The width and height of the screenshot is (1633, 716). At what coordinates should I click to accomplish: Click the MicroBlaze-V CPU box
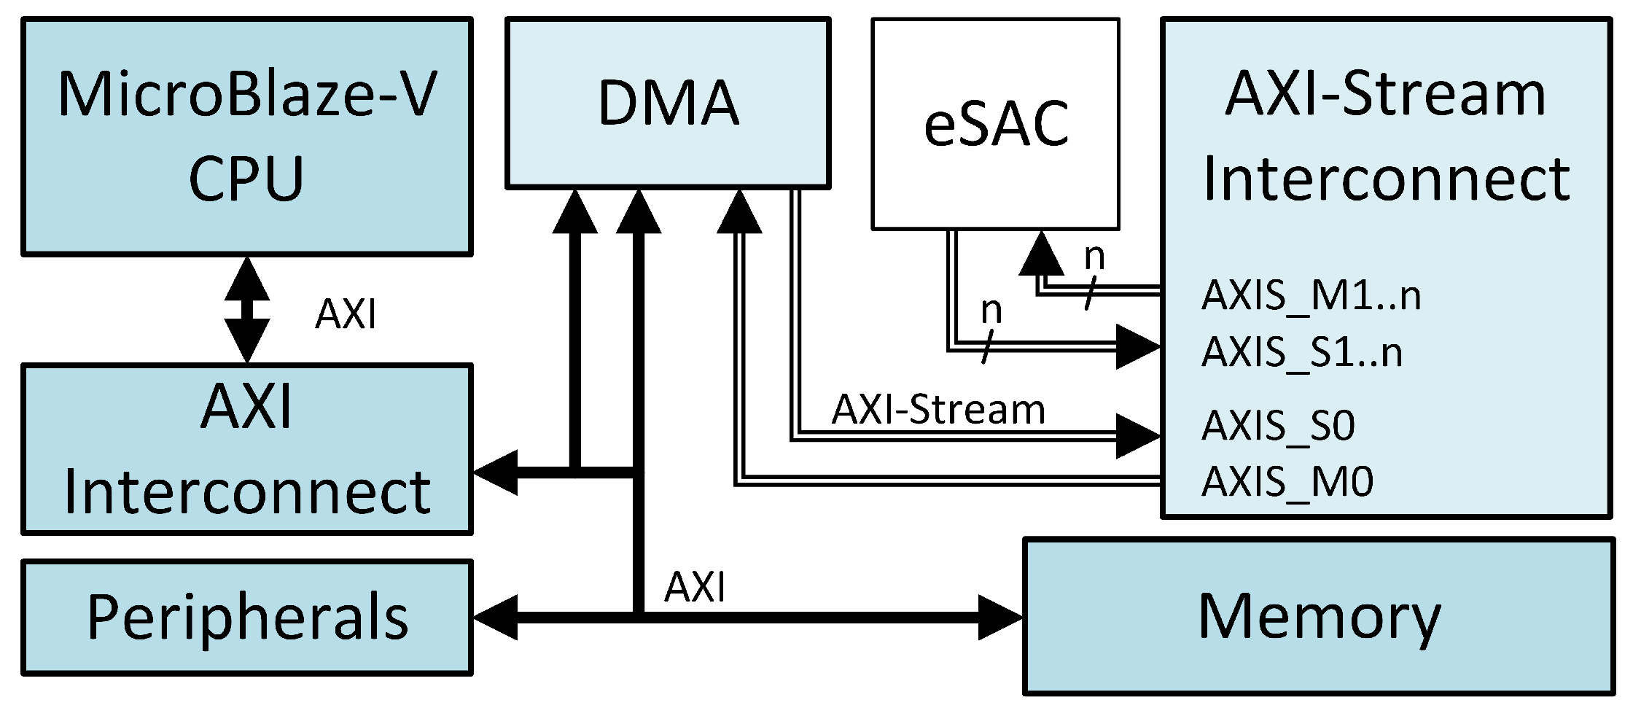246,137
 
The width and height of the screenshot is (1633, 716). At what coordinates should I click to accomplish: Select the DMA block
668,104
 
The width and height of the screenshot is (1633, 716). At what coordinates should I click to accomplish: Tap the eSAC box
995,124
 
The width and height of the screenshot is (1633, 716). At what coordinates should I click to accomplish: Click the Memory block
1318,617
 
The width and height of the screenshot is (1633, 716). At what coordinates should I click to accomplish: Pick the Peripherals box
246,617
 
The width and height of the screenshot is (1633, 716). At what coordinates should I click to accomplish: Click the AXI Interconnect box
246,449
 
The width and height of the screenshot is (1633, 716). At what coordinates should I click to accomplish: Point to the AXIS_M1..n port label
1311,296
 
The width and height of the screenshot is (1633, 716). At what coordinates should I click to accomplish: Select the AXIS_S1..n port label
1301,352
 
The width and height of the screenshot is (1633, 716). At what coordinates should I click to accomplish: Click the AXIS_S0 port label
1278,425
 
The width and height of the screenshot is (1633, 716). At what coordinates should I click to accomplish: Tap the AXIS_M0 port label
1287,481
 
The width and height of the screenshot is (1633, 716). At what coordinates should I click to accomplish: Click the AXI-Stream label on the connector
938,410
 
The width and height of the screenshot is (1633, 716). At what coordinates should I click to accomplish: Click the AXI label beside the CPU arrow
346,315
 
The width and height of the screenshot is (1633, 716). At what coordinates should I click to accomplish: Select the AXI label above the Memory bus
695,587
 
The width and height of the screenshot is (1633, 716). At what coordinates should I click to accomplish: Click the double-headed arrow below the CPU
247,309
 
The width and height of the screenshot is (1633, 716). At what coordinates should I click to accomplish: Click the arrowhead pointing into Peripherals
496,618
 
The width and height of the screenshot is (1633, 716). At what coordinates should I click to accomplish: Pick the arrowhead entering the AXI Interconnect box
496,472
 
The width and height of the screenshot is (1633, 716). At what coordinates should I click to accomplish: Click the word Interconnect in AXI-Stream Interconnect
1385,179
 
